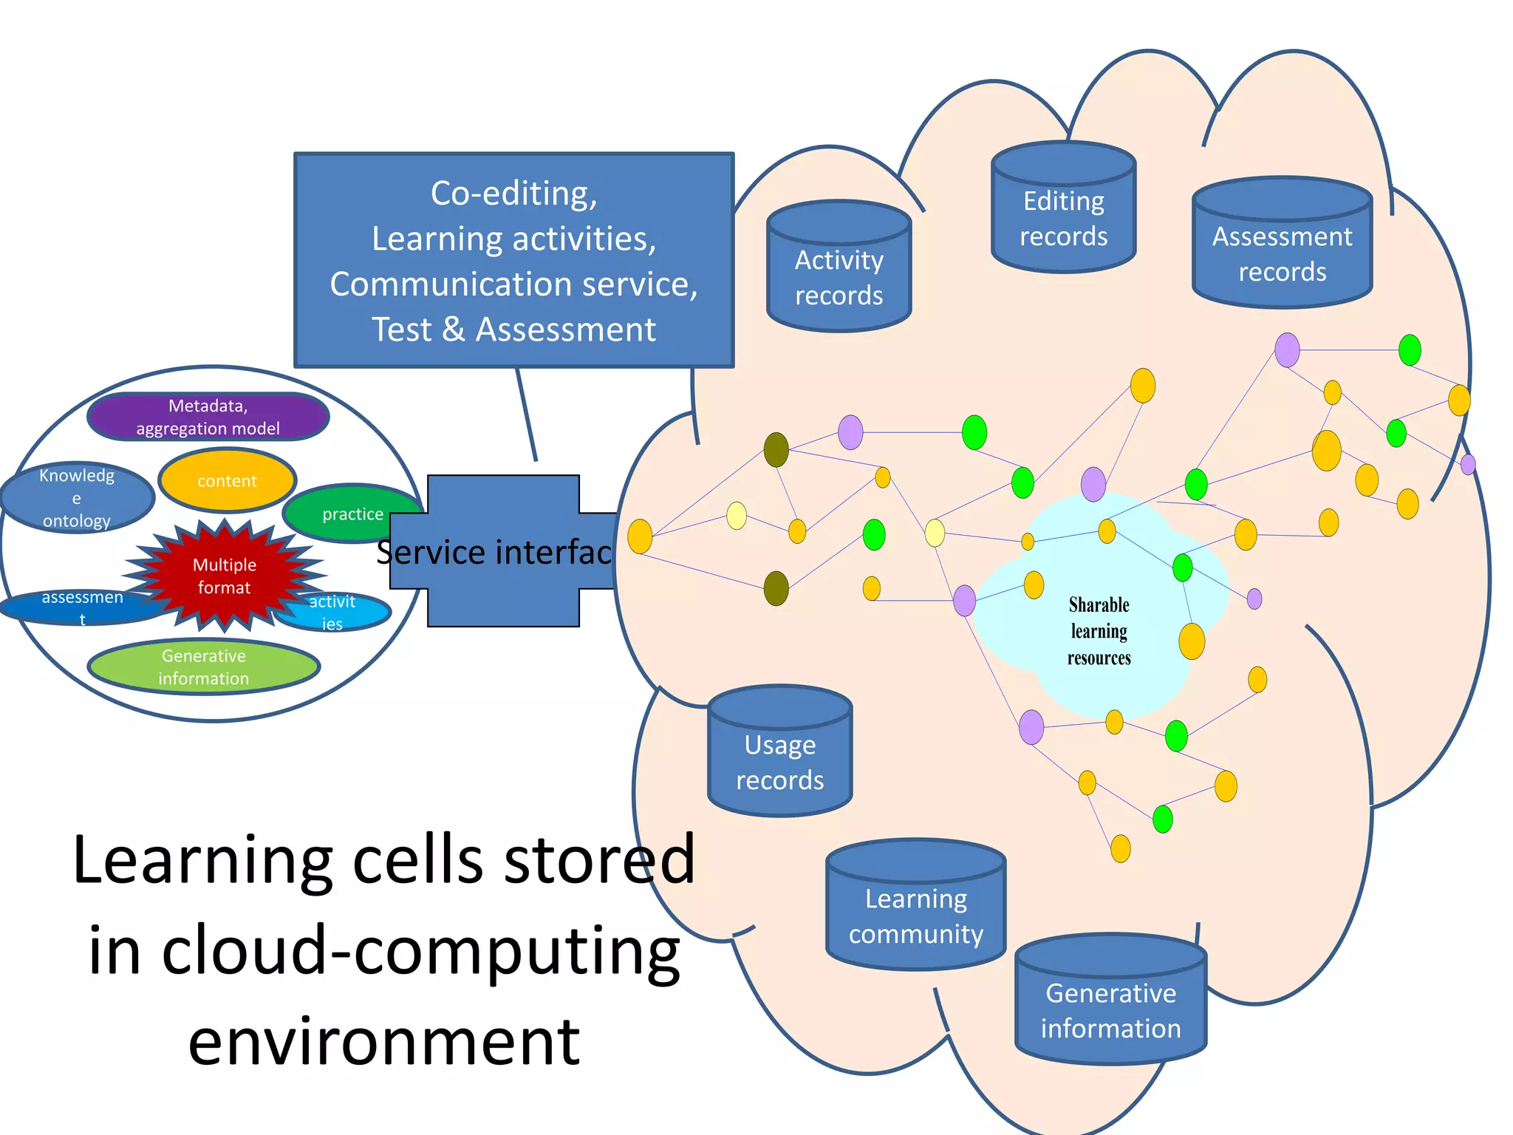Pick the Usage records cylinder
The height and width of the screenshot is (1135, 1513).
coord(779,762)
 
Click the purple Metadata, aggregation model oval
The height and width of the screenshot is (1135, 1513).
coord(208,417)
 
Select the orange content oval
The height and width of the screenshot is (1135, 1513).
coord(227,481)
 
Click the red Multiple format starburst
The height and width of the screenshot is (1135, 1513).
coord(224,576)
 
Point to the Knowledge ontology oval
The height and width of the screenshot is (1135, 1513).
coord(76,497)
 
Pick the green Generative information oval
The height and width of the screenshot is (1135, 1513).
coord(203,667)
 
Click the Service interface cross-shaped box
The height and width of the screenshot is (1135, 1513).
coord(502,551)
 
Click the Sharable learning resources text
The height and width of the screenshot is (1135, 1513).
coord(1099,631)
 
